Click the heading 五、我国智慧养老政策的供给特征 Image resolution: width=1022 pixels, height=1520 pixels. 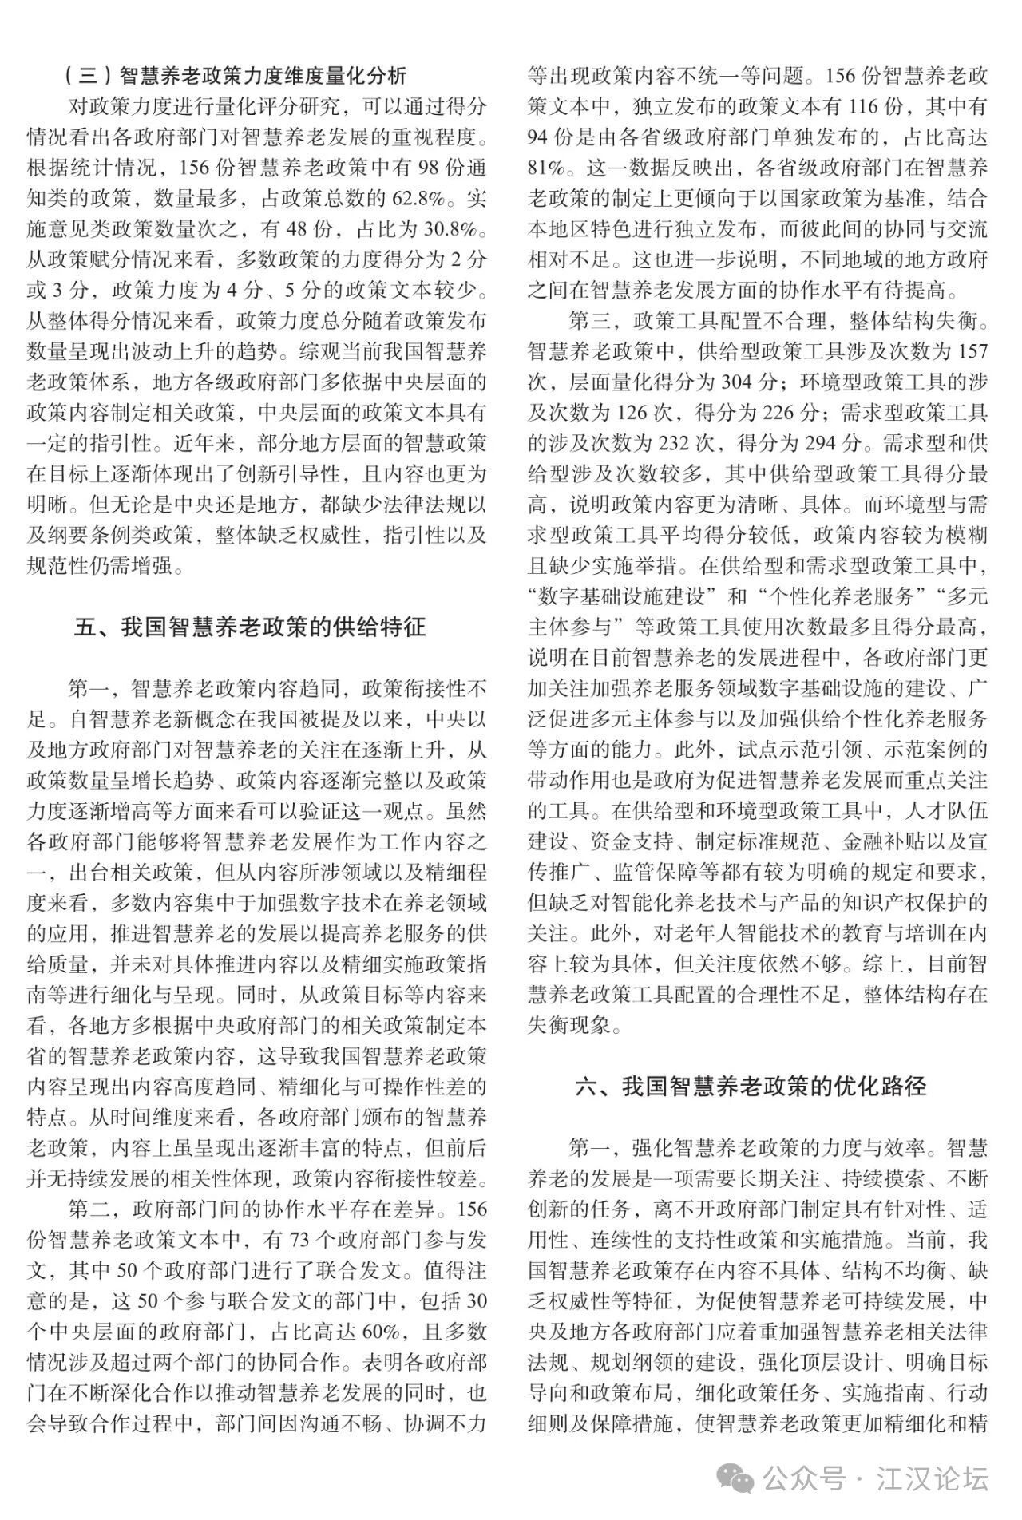[x=249, y=627]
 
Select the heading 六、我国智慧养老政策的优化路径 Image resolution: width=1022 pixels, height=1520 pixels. [x=751, y=1087]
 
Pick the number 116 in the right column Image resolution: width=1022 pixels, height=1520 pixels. [x=867, y=107]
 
